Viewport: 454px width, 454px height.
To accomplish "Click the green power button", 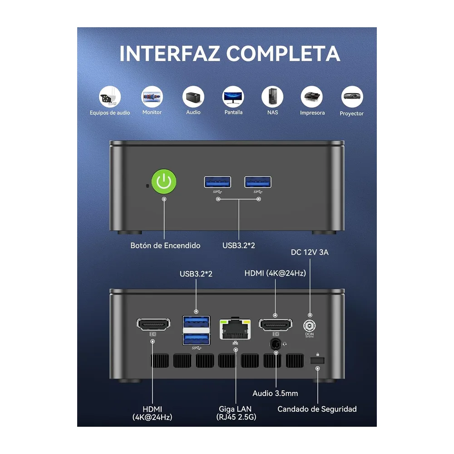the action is tap(164, 182).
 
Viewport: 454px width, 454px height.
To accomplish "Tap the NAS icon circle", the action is tap(272, 97).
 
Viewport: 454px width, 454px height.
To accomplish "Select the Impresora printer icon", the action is tap(312, 97).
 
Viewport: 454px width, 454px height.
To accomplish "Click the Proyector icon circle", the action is tap(352, 97).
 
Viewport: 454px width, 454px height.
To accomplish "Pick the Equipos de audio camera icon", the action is tap(110, 97).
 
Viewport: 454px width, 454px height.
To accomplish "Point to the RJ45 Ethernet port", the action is tap(235, 329).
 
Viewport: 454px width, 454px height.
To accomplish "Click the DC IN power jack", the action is tap(310, 326).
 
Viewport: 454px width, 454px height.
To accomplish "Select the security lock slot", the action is tap(317, 360).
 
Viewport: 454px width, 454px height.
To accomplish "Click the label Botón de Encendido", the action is tap(165, 246).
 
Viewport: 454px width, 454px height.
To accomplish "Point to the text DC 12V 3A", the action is tap(310, 252).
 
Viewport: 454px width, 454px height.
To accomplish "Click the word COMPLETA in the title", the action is tap(283, 54).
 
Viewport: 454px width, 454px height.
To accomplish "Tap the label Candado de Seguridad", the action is tap(317, 409).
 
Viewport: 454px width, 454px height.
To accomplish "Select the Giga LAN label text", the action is tap(235, 409).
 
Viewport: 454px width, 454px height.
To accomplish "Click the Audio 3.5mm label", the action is tap(275, 393).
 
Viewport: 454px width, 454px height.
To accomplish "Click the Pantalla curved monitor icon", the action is tap(233, 97).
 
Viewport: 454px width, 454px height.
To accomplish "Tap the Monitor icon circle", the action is tap(152, 97).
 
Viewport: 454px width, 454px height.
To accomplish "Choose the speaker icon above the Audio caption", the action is tap(193, 97).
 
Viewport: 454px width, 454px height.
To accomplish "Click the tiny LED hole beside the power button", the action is tap(147, 186).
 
